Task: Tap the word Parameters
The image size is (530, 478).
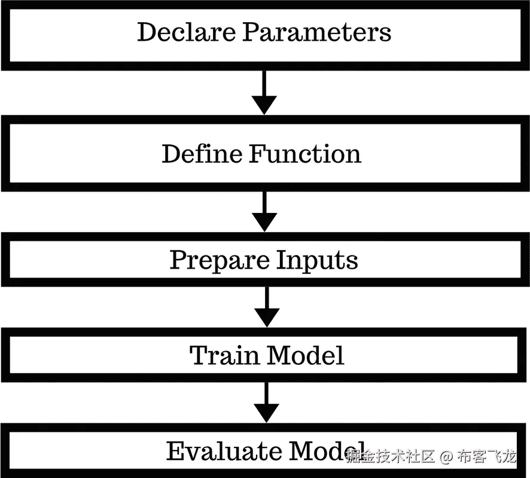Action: point(316,32)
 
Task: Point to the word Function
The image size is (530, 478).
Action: point(305,154)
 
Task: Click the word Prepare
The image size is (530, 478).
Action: point(220,260)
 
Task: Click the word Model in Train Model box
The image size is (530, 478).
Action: point(306,355)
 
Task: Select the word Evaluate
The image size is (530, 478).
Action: point(224,451)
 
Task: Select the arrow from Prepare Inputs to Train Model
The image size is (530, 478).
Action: point(266,306)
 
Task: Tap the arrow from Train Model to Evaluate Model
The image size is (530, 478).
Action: point(266,403)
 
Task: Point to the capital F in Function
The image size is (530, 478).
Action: point(257,154)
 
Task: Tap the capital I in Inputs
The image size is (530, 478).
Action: point(283,260)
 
